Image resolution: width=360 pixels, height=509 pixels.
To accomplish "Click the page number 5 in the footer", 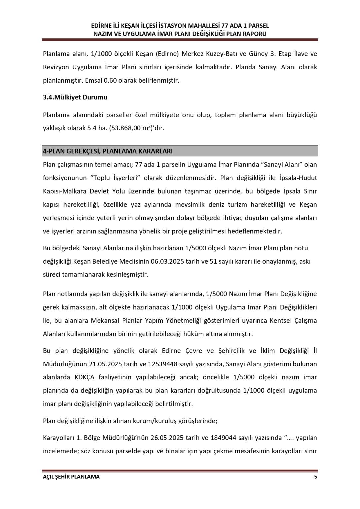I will [315, 477].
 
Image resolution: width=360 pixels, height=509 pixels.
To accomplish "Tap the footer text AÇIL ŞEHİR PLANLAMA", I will [71, 477].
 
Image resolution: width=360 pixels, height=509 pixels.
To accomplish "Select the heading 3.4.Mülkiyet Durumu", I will [75, 98].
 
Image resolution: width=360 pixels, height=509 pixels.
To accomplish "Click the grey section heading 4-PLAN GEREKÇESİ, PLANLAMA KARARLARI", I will [108, 151].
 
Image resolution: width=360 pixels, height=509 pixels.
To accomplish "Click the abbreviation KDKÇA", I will [85, 377].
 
